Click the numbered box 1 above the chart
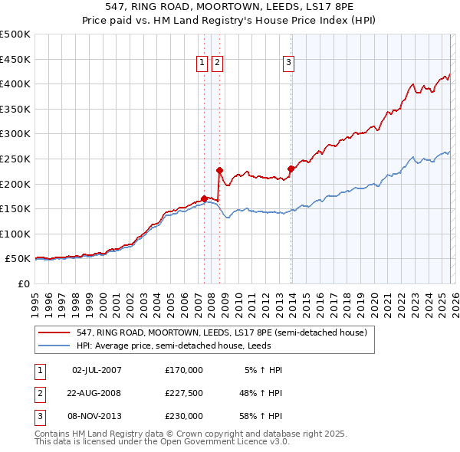(x=202, y=64)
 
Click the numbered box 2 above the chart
(x=217, y=64)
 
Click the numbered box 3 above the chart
(x=289, y=64)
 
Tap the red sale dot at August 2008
(x=219, y=170)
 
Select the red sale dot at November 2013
(x=291, y=169)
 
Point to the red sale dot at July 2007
(x=204, y=198)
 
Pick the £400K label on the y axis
(x=15, y=84)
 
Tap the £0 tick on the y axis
(x=23, y=284)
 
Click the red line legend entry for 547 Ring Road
(x=222, y=332)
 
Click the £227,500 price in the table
(x=184, y=393)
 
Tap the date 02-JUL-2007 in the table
(x=97, y=370)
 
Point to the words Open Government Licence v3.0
(x=229, y=441)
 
